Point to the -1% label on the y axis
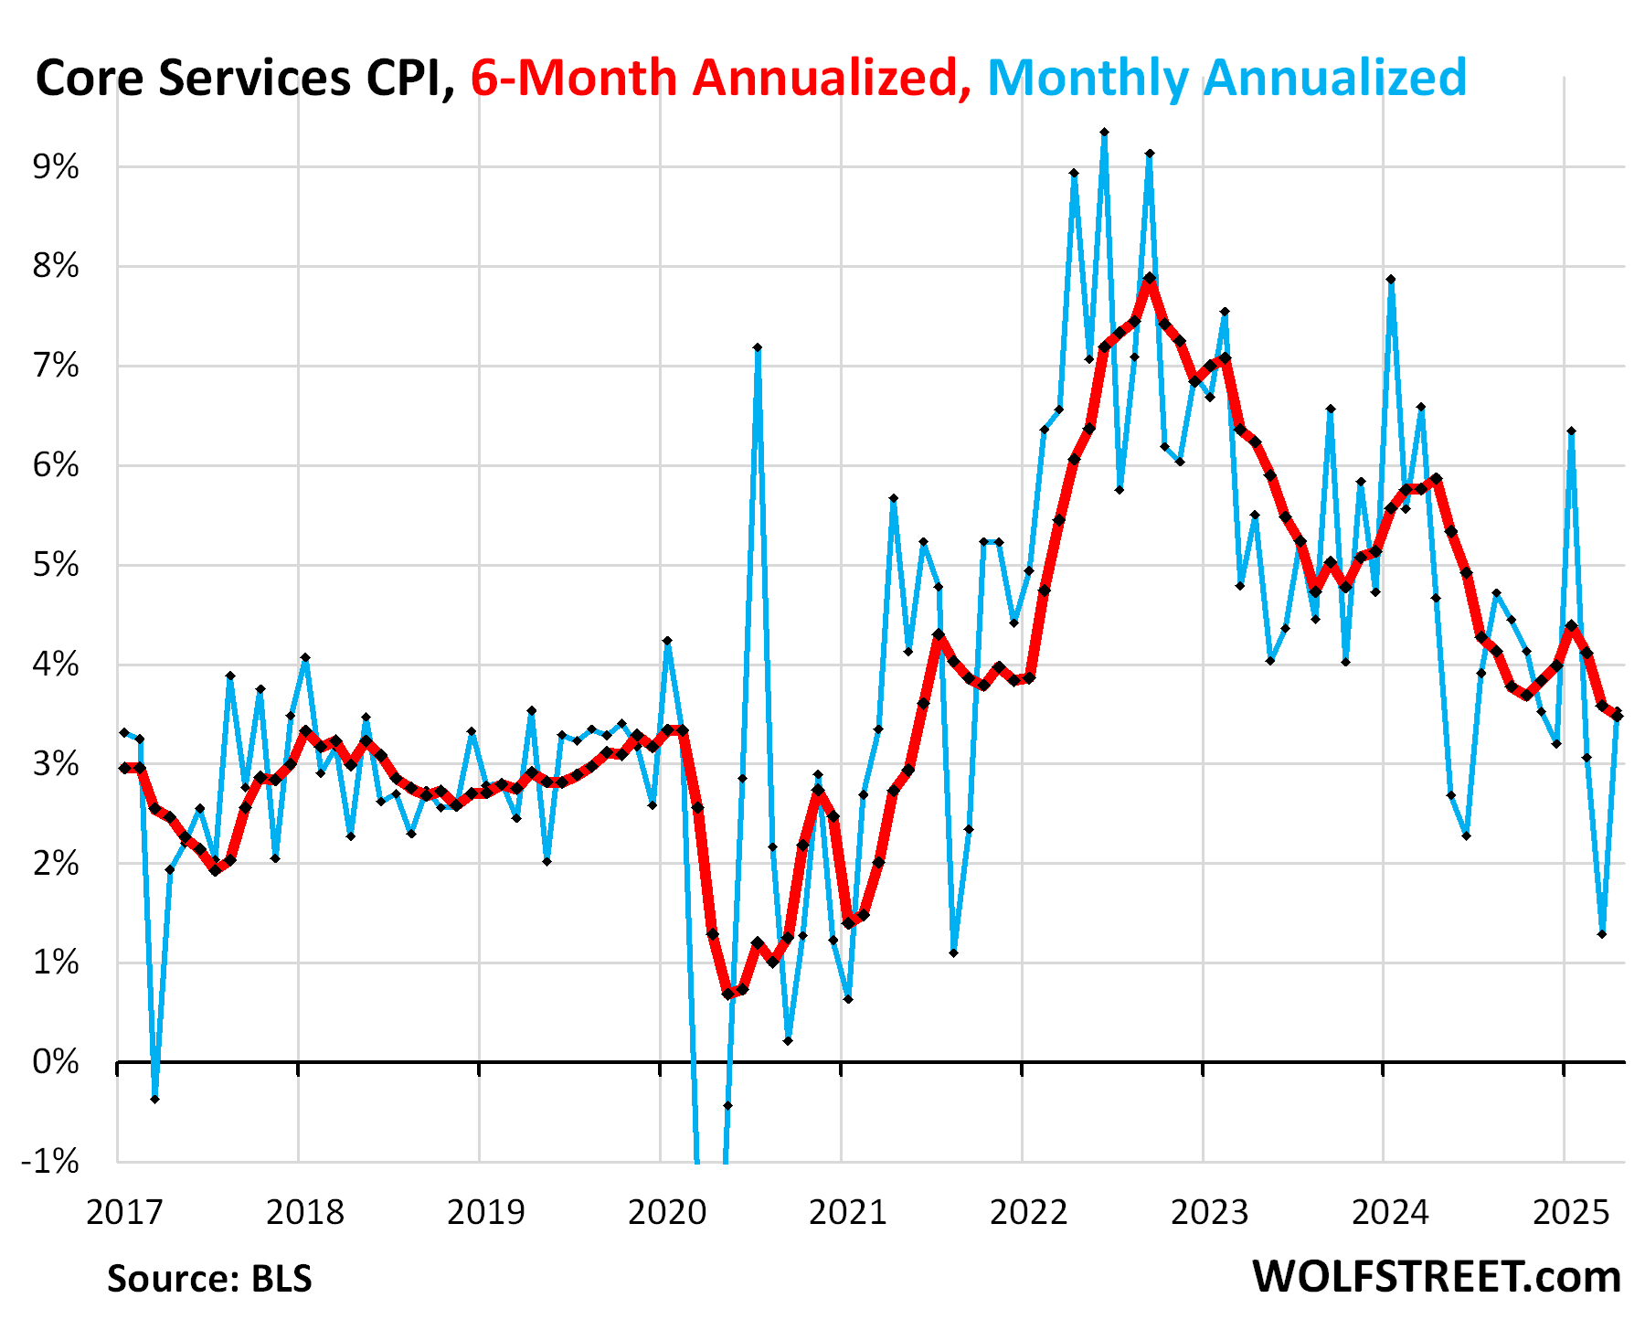pos(51,1162)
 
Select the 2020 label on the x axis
pos(667,1212)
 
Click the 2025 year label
pos(1571,1212)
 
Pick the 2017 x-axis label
pos(124,1212)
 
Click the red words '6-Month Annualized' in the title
pos(721,78)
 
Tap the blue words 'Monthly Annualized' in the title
pos(1226,78)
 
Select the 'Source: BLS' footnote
pos(209,1278)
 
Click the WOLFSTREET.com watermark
pos(1436,1276)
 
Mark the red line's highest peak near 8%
pos(1150,278)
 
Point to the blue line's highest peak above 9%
pos(1104,133)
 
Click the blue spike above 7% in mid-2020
pos(758,347)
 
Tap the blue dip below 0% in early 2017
pos(154,1099)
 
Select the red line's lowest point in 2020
pos(727,994)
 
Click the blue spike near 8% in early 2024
pos(1390,279)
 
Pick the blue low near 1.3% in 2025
pos(1601,933)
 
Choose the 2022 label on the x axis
pos(1029,1212)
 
